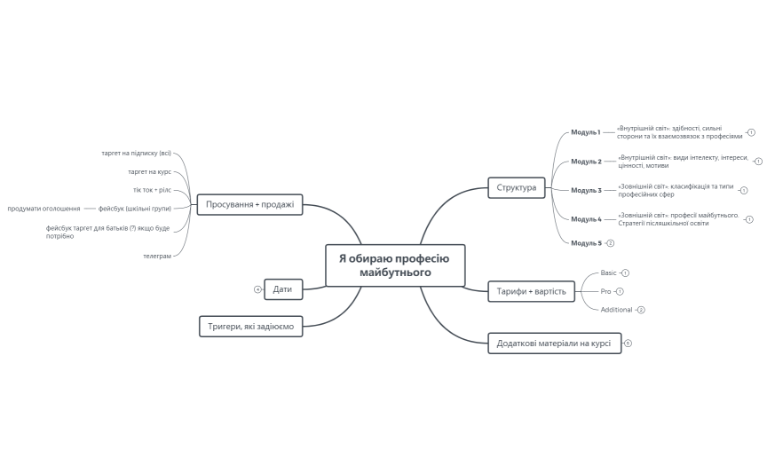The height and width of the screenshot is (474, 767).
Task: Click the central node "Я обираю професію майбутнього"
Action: pos(395,265)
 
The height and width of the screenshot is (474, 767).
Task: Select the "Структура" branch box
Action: pos(516,187)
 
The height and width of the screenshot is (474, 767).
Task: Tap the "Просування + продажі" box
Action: pos(249,204)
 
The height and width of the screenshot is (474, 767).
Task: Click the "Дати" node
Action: pos(283,288)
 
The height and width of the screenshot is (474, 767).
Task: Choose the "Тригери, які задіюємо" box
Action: pos(250,327)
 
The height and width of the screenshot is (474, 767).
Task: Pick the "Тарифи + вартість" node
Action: pos(532,290)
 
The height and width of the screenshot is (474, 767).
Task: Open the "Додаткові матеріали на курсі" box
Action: pos(554,343)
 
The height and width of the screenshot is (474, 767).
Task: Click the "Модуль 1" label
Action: pos(586,132)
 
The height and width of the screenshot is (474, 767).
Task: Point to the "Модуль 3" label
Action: pos(586,190)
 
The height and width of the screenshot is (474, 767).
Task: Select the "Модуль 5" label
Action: pos(586,242)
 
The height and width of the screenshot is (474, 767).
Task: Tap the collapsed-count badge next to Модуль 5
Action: pos(611,242)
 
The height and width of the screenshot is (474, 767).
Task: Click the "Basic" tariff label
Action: pos(608,273)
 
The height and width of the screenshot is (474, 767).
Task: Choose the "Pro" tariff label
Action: pos(605,291)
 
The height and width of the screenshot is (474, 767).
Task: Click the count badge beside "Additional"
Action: pos(641,310)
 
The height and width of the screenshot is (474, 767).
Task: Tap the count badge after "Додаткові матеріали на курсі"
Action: pos(628,343)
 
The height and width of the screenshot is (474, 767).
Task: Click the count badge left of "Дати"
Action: pos(257,288)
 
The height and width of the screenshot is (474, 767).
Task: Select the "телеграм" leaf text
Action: pos(157,256)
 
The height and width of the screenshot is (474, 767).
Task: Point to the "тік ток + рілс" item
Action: pos(152,190)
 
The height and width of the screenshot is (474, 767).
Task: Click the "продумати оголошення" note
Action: pos(44,209)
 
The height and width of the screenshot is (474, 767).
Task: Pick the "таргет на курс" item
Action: pos(149,171)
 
